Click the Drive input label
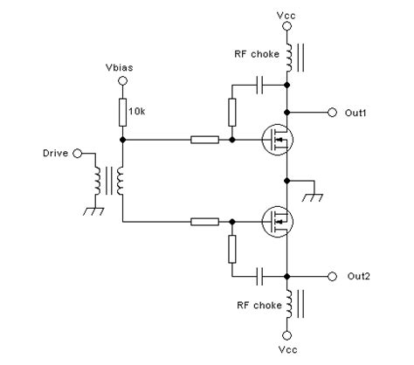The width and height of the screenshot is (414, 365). [55, 153]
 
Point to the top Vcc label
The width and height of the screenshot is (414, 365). [287, 17]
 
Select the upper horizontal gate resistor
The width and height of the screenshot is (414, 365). [204, 140]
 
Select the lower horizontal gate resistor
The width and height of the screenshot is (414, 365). [204, 222]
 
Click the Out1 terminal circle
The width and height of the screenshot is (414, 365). [332, 112]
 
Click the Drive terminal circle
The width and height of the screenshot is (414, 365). [77, 153]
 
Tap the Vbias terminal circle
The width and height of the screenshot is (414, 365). [122, 80]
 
